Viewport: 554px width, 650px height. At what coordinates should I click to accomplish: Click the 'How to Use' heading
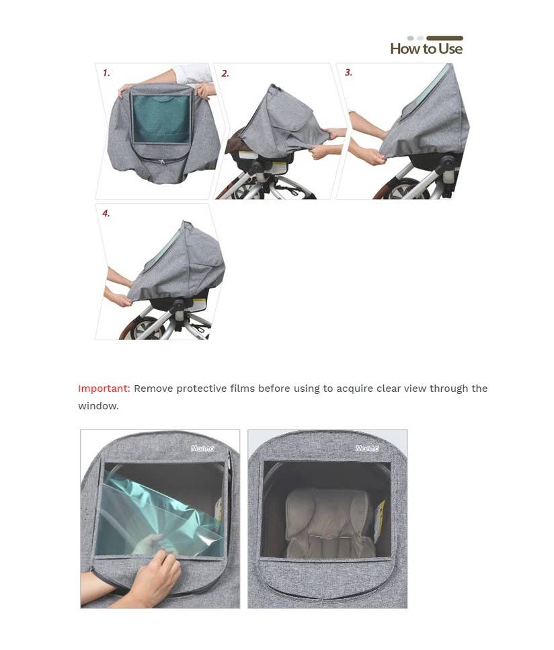426,48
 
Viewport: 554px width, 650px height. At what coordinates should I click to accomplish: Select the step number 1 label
106,73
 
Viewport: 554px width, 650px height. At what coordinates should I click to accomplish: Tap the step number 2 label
225,73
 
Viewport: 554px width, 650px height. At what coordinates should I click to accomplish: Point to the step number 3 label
348,73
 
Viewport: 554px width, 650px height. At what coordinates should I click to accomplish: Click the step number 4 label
106,213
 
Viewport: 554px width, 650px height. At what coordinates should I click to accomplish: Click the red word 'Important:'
104,389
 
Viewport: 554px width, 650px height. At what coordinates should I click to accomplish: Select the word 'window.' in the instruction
98,406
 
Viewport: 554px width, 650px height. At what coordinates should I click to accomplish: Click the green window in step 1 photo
161,117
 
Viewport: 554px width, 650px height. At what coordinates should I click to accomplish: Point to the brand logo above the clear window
367,448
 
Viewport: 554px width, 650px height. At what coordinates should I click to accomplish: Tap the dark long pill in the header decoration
444,38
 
